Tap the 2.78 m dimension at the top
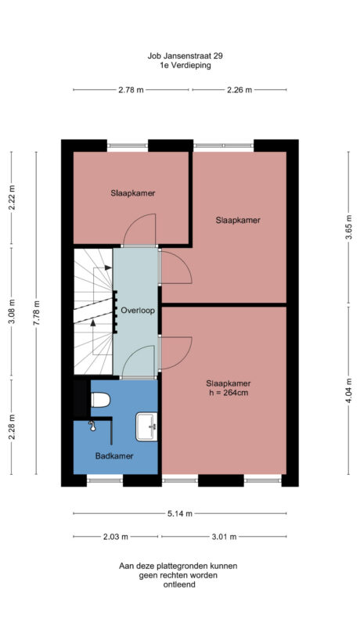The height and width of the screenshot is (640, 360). (131, 91)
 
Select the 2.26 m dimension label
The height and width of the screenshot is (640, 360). (239, 91)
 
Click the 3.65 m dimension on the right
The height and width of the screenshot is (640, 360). (348, 232)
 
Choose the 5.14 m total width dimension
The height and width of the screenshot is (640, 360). (179, 514)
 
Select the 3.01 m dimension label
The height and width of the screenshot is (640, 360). (224, 537)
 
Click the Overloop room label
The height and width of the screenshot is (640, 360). (138, 311)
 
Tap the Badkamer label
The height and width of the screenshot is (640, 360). (114, 455)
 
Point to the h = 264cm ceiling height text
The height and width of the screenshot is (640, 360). (228, 393)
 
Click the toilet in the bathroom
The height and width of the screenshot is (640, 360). (99, 401)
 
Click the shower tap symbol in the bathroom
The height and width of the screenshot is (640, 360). (92, 426)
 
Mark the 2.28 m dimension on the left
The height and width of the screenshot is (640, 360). (12, 427)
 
